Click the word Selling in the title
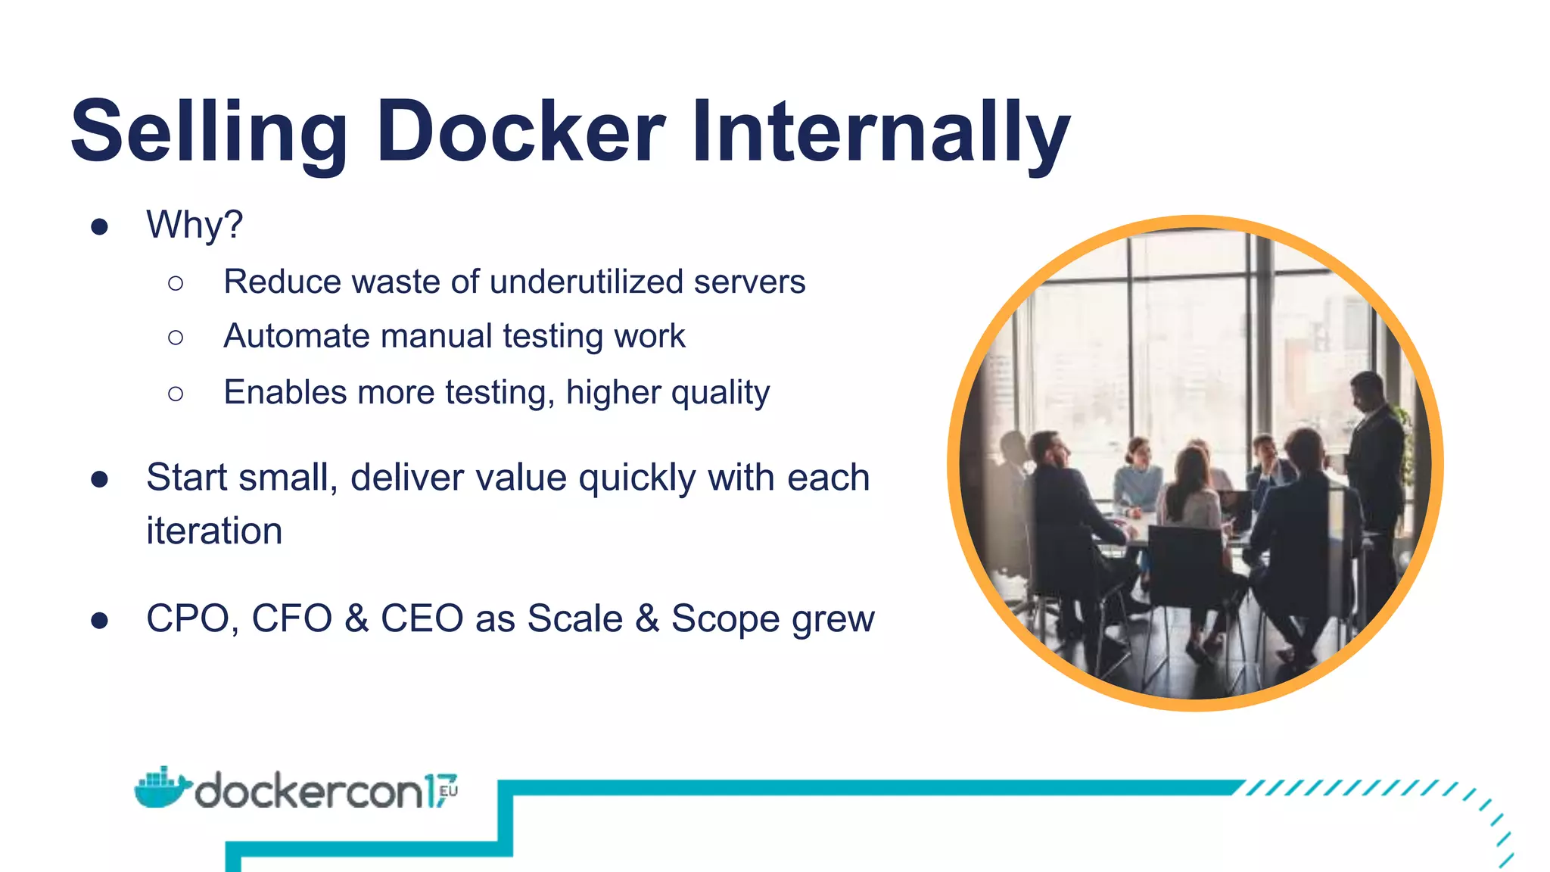pos(209,132)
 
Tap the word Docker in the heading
pos(521,132)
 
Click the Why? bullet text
pos(195,225)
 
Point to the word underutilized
pos(587,282)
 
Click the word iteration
pos(214,531)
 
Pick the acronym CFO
pos(292,618)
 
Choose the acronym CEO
pos(422,618)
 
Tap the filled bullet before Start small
pos(99,479)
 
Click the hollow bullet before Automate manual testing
pos(176,338)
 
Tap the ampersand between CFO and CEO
pos(356,618)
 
